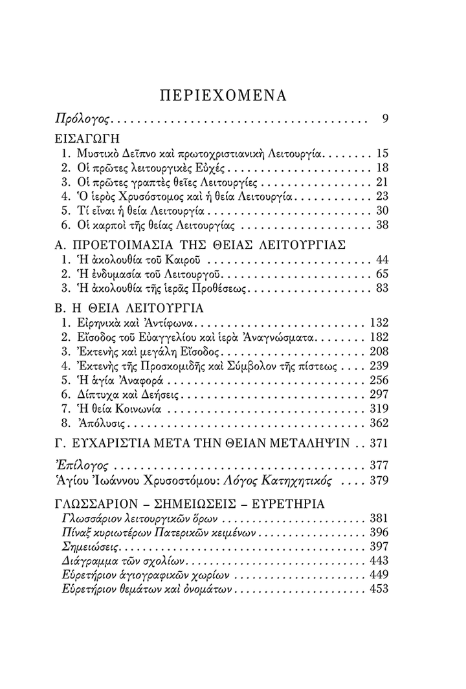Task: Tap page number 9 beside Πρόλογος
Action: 384,119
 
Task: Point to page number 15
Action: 381,154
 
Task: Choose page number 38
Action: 381,225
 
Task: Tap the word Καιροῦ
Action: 185,260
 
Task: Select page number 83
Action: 381,289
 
